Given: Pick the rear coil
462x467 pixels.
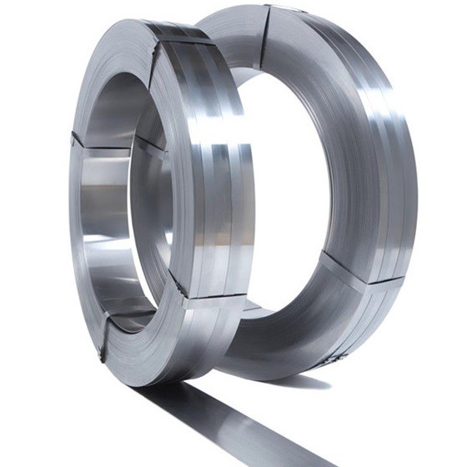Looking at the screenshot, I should coord(367,208).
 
